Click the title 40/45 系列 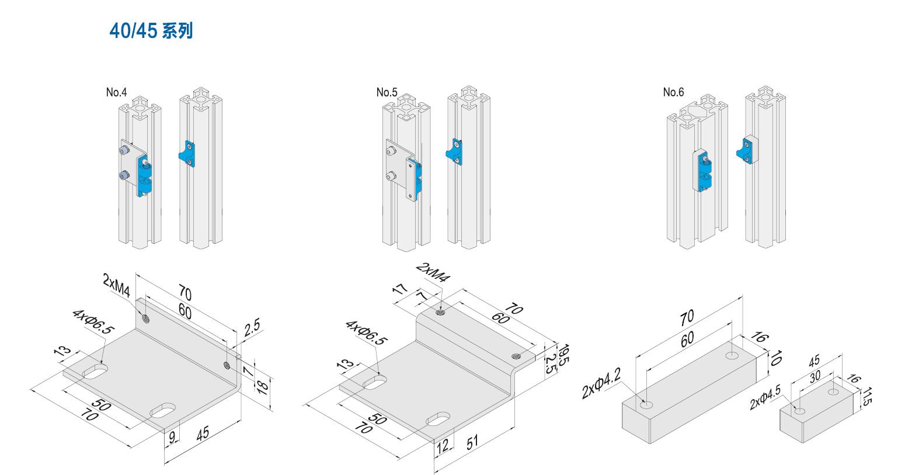pyautogui.click(x=151, y=31)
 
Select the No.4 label pyautogui.click(x=116, y=92)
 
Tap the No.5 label pyautogui.click(x=387, y=92)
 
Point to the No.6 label pyautogui.click(x=673, y=92)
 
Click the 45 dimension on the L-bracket pyautogui.click(x=203, y=434)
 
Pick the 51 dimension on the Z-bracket pyautogui.click(x=472, y=442)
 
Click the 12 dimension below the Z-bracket pyautogui.click(x=443, y=446)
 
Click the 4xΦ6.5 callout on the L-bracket pyautogui.click(x=93, y=322)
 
